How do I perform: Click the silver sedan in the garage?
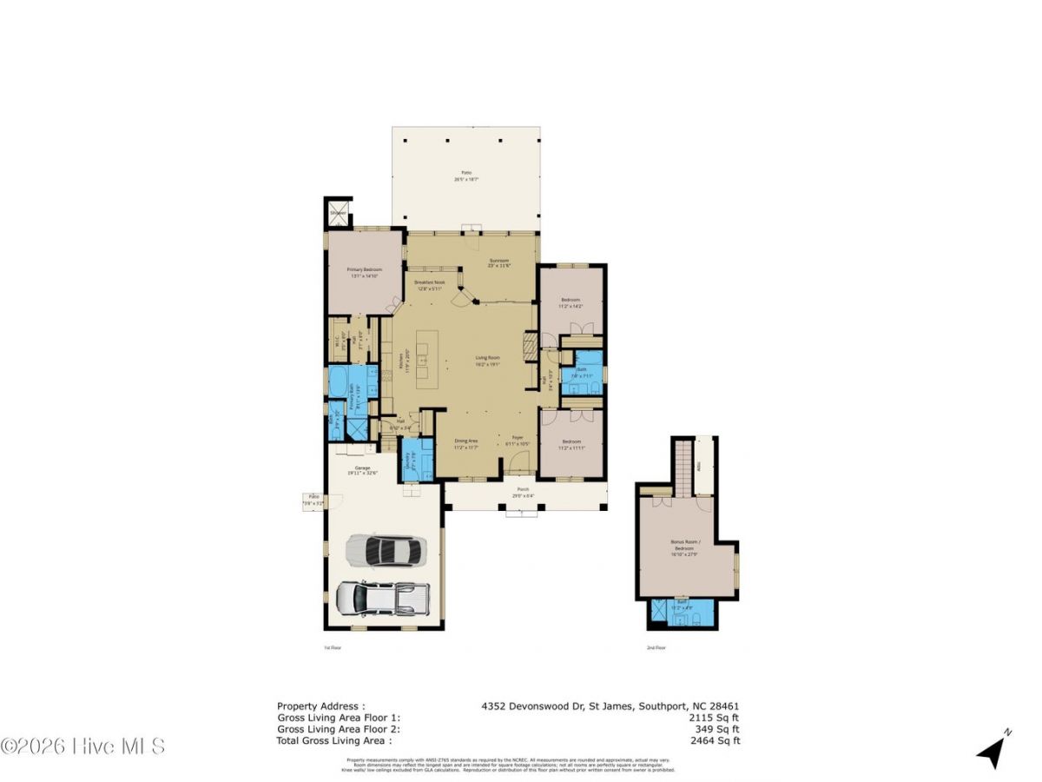(x=386, y=550)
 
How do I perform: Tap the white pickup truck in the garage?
(x=382, y=597)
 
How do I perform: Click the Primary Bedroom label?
(x=365, y=272)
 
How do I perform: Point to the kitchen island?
(x=422, y=358)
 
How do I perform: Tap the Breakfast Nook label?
(x=429, y=284)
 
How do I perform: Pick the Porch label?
(x=524, y=491)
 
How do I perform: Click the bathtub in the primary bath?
(x=339, y=382)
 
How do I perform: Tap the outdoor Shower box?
(x=338, y=213)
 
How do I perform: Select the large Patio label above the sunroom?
(x=466, y=176)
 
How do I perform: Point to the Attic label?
(x=707, y=465)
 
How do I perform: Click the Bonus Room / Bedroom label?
(x=683, y=546)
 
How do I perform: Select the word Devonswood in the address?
(x=530, y=706)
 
